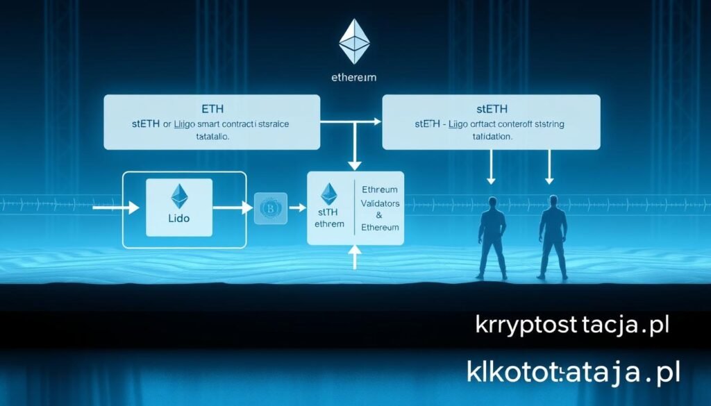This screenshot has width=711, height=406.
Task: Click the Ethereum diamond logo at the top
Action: coord(355,42)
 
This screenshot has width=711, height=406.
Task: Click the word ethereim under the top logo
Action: coord(355,78)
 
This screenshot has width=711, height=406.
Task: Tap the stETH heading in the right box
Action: coord(492,109)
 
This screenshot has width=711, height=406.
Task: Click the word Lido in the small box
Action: coord(179,217)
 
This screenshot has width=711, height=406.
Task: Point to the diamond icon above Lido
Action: coord(180,196)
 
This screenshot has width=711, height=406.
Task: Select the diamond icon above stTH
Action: coord(328,194)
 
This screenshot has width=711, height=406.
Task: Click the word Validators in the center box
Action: coord(380,203)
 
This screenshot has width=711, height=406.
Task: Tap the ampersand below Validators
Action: coord(380,215)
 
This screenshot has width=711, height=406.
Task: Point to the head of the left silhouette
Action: coord(493,202)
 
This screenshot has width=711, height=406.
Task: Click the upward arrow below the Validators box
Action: coord(355,258)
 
